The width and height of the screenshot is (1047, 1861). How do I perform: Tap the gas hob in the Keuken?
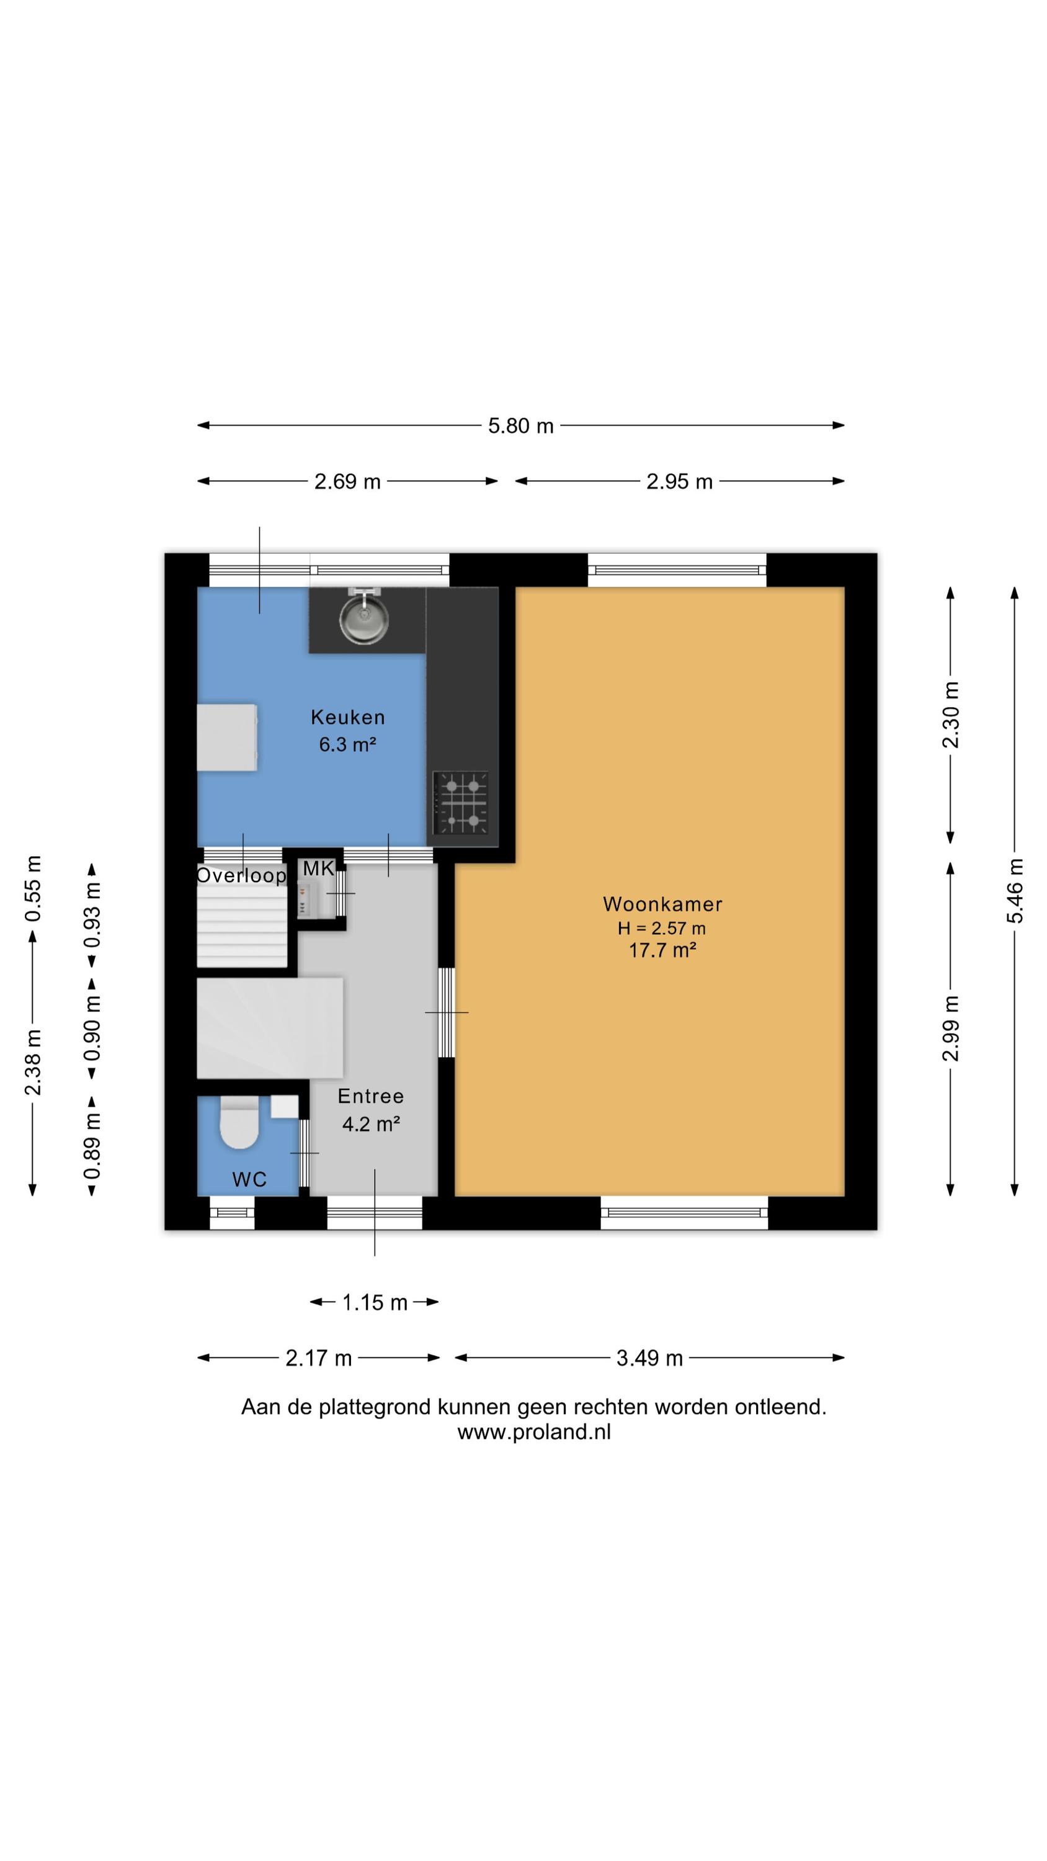pyautogui.click(x=460, y=802)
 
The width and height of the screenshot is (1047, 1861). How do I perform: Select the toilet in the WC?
pyautogui.click(x=239, y=1122)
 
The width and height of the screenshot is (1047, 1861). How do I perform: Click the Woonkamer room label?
pyautogui.click(x=662, y=904)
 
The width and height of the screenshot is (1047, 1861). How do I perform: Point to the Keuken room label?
pyautogui.click(x=347, y=717)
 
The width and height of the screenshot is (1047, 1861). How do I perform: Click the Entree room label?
pyautogui.click(x=371, y=1096)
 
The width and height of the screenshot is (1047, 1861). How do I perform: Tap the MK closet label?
pyautogui.click(x=319, y=868)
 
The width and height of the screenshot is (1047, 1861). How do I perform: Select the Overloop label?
pyautogui.click(x=241, y=875)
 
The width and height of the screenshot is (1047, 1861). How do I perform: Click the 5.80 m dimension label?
pyautogui.click(x=521, y=426)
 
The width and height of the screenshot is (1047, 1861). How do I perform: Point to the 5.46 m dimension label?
pyautogui.click(x=1015, y=890)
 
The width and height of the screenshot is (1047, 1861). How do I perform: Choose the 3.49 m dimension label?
pyautogui.click(x=649, y=1358)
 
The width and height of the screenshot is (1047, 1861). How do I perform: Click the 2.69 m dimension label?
pyautogui.click(x=347, y=481)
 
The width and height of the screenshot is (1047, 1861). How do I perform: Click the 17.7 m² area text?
pyautogui.click(x=662, y=950)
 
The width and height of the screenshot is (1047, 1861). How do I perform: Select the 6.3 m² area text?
pyautogui.click(x=347, y=744)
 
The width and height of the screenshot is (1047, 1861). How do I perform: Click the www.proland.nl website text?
pyautogui.click(x=534, y=1432)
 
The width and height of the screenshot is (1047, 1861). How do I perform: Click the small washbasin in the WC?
pyautogui.click(x=285, y=1107)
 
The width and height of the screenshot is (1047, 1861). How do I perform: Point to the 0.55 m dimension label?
pyautogui.click(x=32, y=888)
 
